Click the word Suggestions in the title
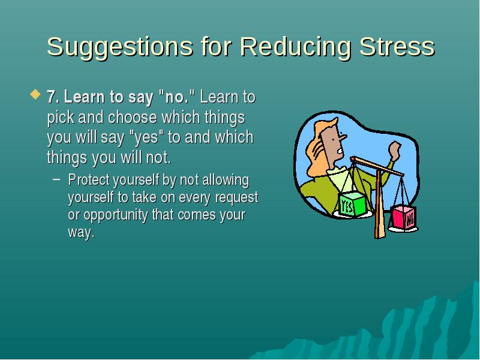coord(119,47)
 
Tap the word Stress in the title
coord(397,47)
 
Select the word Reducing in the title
coord(295,47)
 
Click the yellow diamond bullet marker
coord(35,94)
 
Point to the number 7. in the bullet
coord(53,97)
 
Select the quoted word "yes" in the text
coord(146,137)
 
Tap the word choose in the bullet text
coord(132,117)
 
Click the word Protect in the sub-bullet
coord(89,179)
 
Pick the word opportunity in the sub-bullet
coord(116,215)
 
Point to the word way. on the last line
coord(81,233)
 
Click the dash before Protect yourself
coord(56,179)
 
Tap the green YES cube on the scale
coord(352,203)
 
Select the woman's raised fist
coord(395,151)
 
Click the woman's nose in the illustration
coord(343,136)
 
